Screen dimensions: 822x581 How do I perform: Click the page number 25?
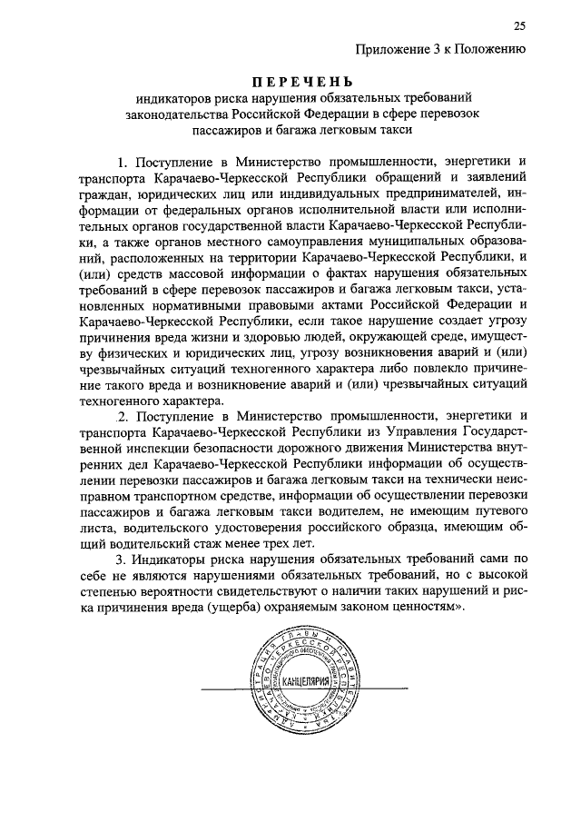pyautogui.click(x=519, y=25)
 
